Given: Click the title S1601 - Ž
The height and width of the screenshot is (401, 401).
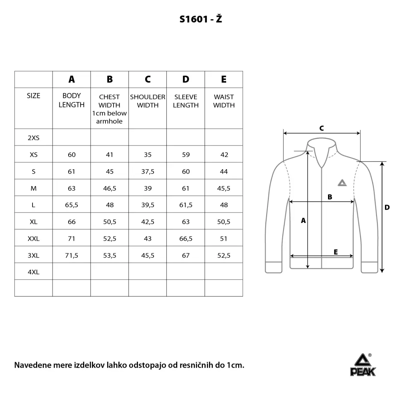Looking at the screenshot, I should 200,19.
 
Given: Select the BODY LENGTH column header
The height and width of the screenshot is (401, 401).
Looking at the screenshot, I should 71,100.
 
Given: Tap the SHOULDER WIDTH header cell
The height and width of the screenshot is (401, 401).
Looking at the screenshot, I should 148,101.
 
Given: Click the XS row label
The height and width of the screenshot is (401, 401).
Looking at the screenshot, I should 34,154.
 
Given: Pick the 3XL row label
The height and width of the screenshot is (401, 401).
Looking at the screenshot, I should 34,255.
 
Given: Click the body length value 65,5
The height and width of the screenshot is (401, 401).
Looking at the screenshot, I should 71,205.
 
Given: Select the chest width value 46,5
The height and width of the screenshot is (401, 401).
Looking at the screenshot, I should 109,188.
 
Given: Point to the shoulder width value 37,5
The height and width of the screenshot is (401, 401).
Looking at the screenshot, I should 148,171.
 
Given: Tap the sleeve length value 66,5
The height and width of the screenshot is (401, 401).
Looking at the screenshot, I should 186,239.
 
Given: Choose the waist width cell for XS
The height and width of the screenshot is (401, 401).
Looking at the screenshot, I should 224,154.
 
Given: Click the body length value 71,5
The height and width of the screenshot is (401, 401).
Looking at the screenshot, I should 71,255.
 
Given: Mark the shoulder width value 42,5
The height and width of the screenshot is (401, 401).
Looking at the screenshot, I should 148,222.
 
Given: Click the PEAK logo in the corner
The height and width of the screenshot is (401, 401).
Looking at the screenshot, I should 363,365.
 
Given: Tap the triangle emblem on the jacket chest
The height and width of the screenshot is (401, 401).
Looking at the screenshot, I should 341,183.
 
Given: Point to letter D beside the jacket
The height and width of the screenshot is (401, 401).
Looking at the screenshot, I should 387,207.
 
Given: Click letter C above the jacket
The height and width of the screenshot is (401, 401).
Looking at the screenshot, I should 322,128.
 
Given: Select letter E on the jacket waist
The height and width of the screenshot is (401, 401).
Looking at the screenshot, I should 336,252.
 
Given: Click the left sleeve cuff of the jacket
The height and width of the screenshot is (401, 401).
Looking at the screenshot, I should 274,267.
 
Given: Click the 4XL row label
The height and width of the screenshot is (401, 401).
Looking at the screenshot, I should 34,272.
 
